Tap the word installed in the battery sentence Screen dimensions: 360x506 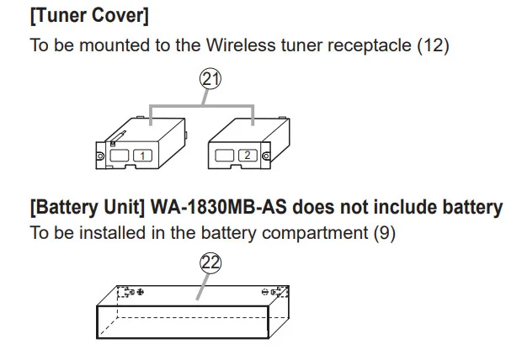113,232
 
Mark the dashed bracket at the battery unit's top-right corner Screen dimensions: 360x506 280,291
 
